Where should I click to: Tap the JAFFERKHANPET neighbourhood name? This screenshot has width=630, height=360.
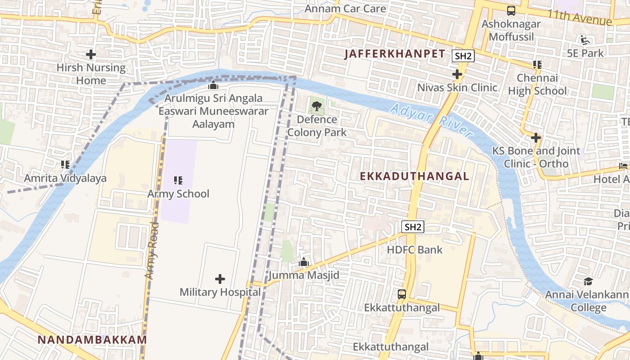tap(395, 54)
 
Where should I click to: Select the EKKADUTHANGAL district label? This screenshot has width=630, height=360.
tap(414, 176)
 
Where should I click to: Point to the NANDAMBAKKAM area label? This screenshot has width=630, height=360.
tap(92, 340)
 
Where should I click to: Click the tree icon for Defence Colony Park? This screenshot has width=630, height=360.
tap(317, 107)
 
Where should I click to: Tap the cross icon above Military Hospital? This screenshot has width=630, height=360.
tap(220, 279)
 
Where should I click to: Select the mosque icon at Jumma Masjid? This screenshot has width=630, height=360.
tap(304, 262)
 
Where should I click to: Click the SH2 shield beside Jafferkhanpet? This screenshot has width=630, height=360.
tap(463, 56)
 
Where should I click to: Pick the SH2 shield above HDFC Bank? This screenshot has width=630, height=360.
tap(413, 227)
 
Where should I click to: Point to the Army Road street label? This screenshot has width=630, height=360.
tap(153, 250)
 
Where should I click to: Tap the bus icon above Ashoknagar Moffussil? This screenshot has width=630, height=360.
tap(511, 11)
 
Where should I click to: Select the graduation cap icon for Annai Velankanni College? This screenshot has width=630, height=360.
tap(588, 282)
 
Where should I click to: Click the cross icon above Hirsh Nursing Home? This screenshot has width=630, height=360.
tap(91, 55)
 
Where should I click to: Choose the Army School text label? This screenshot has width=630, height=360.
tap(178, 194)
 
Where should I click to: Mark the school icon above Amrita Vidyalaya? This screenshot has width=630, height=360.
tap(65, 165)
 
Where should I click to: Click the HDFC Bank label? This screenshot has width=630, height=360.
tap(414, 250)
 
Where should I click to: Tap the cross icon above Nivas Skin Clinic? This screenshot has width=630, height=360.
tap(457, 74)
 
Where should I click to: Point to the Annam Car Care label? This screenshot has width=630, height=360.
tap(345, 9)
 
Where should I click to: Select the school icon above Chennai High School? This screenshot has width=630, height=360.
tap(537, 65)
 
